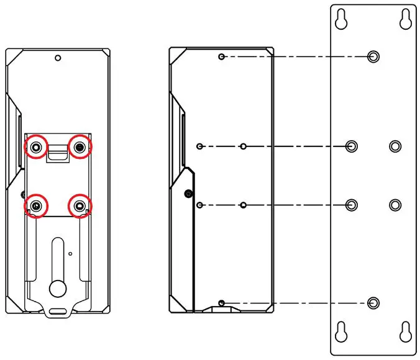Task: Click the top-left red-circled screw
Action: tap(37, 147)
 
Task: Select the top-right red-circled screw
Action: tap(80, 147)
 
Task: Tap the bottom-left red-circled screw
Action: tap(37, 205)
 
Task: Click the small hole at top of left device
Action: tap(58, 58)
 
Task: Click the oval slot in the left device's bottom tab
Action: tap(58, 309)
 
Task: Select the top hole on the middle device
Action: tap(221, 57)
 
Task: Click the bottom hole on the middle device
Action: tap(221, 303)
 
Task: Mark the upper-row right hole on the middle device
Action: tap(244, 146)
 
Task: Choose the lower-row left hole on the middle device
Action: tap(199, 205)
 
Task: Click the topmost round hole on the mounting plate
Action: tap(373, 57)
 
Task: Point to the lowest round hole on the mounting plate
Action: tap(373, 303)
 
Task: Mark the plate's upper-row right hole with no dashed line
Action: tap(395, 146)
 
